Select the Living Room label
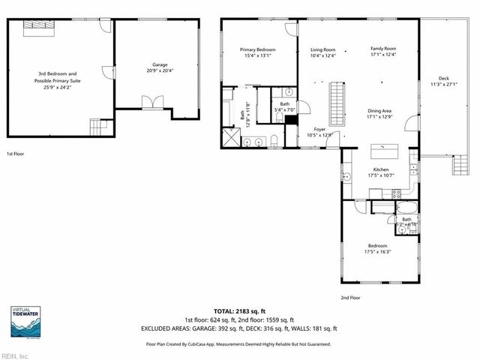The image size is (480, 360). tap(322, 49)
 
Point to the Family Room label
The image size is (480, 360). tap(382, 49)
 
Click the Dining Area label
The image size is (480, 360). tap(379, 111)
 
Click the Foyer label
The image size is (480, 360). tap(319, 130)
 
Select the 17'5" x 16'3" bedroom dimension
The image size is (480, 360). tap(377, 251)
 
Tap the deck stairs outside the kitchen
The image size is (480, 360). tap(457, 164)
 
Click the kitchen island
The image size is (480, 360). tap(383, 148)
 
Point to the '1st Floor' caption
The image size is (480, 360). tap(16, 153)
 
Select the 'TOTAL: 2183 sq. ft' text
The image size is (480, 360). tap(239, 310)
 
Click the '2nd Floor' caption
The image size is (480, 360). tap(350, 298)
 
